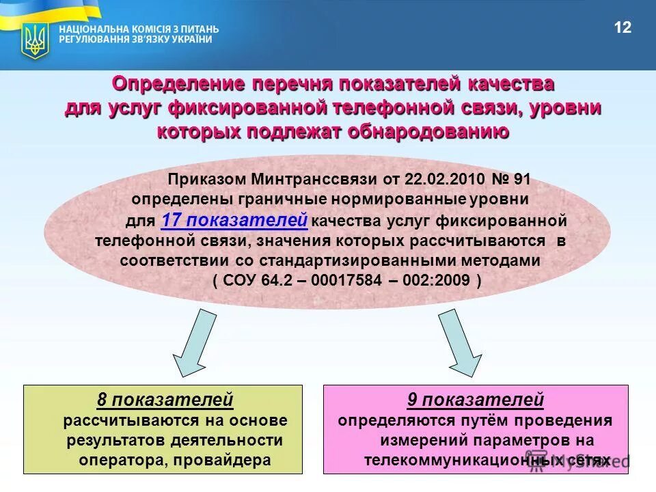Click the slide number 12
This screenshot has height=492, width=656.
click(623, 28)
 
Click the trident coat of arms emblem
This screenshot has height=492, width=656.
click(34, 40)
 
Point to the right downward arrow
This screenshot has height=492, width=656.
click(460, 342)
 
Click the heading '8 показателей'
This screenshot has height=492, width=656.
click(165, 399)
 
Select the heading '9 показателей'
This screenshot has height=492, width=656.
click(475, 399)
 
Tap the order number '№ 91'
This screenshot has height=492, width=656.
click(511, 180)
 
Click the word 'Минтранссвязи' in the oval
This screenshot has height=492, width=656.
click(306, 180)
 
